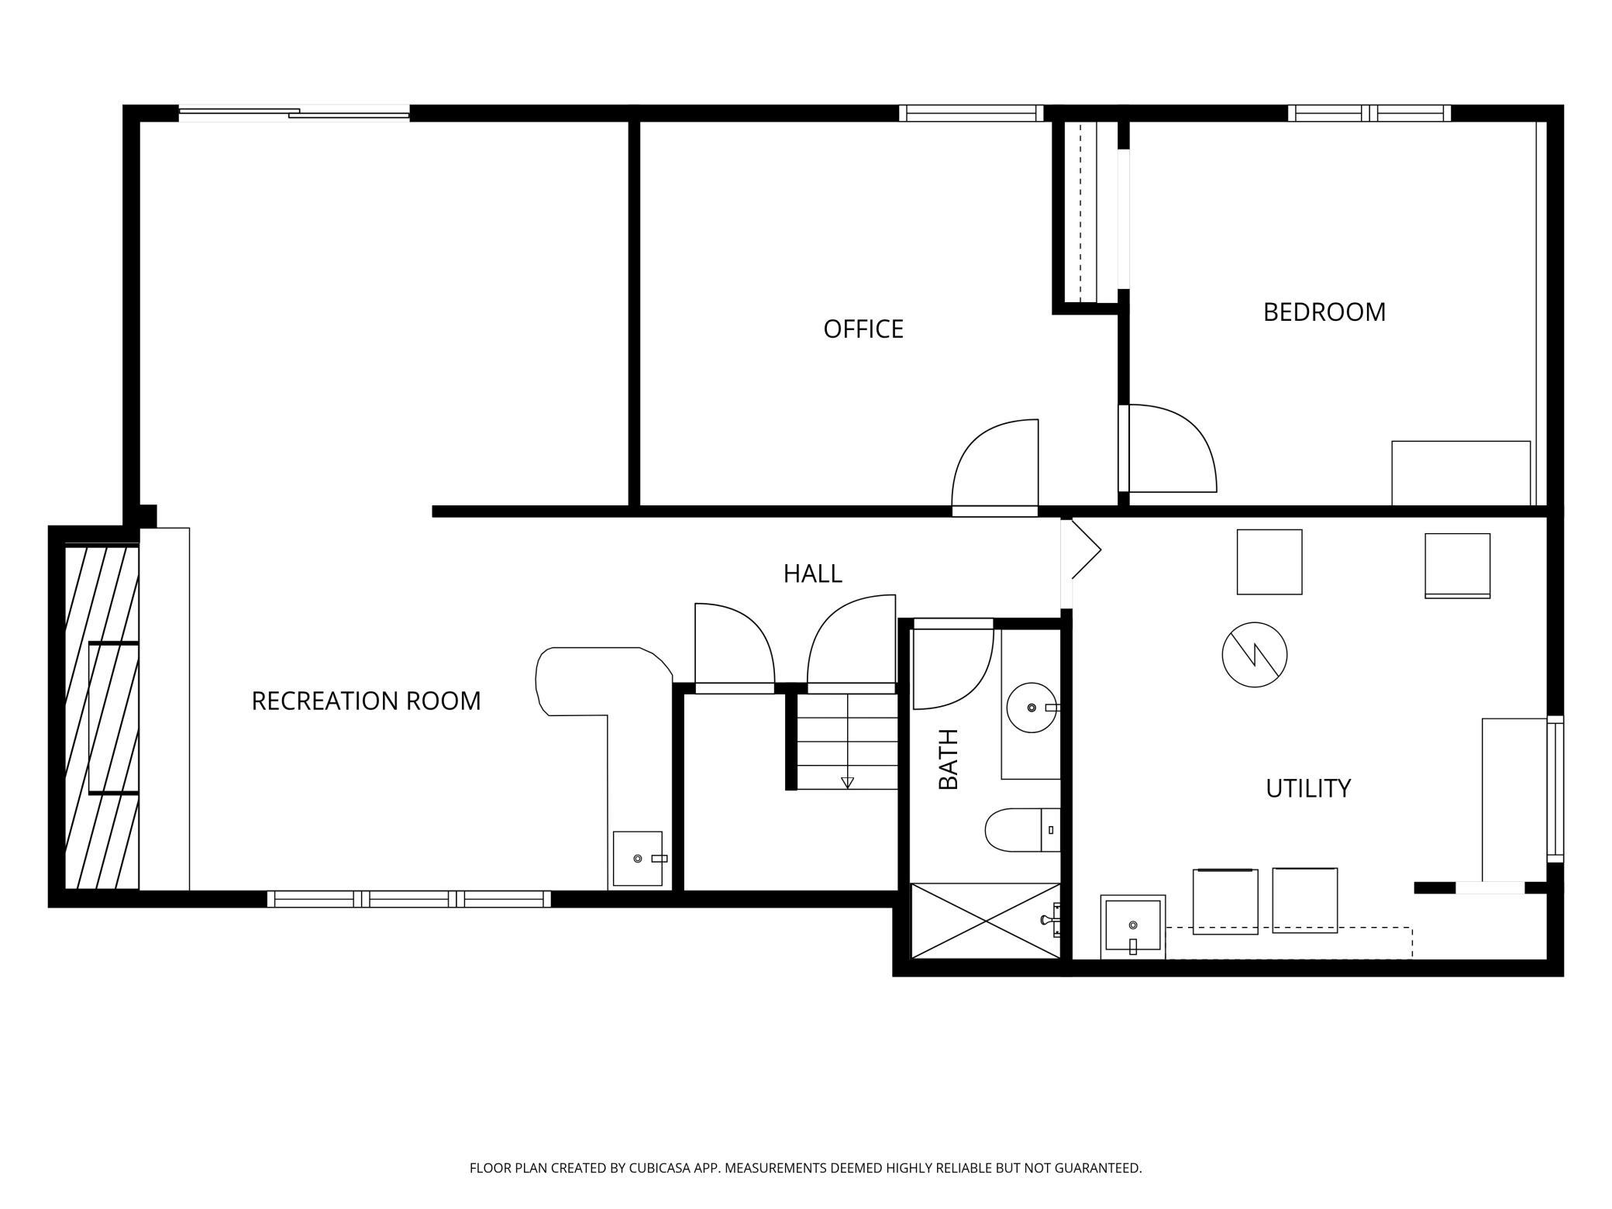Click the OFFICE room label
click(x=863, y=329)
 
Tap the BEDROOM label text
click(x=1324, y=312)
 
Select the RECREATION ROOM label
click(x=366, y=701)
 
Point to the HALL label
click(x=812, y=573)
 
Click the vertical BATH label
click(x=949, y=759)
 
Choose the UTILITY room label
click(x=1308, y=788)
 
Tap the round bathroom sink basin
click(x=1032, y=708)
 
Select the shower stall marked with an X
click(x=985, y=921)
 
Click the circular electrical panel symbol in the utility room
click(x=1255, y=655)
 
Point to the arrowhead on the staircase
click(x=847, y=783)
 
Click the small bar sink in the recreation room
click(x=638, y=859)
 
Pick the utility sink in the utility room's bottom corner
click(x=1133, y=927)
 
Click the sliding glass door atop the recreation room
click(x=294, y=113)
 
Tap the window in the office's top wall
click(x=972, y=113)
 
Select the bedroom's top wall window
click(x=1369, y=113)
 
